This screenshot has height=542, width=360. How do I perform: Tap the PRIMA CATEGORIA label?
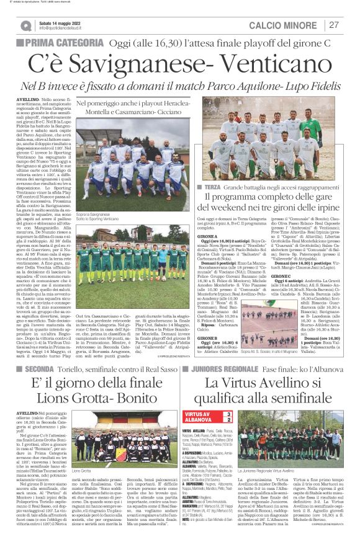click(63, 43)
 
